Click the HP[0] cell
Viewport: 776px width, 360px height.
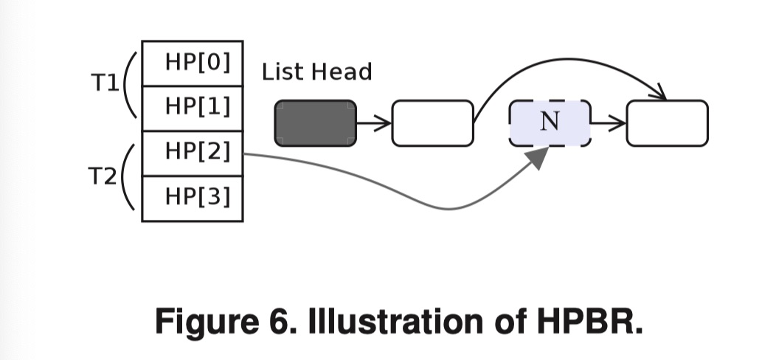[192, 63]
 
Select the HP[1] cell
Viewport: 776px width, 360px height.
[192, 108]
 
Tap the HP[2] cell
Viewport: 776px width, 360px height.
[192, 153]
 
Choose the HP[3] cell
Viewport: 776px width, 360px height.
[192, 198]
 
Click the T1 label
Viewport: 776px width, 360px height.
[105, 83]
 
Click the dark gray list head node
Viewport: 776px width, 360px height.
[316, 123]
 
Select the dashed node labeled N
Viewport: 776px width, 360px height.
[550, 123]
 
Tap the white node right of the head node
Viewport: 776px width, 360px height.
[432, 123]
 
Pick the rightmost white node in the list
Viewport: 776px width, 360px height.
[667, 123]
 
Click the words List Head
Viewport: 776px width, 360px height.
[316, 72]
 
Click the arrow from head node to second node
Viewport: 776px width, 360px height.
[374, 123]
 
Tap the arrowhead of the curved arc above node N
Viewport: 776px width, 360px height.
[659, 94]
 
